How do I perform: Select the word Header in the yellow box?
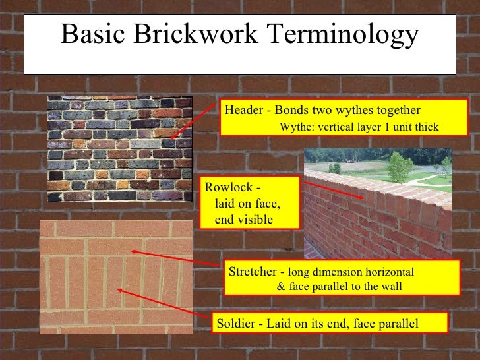[243, 110]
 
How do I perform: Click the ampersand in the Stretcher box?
[282, 287]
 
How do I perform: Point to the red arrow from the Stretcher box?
[175, 258]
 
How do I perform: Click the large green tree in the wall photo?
[399, 165]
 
